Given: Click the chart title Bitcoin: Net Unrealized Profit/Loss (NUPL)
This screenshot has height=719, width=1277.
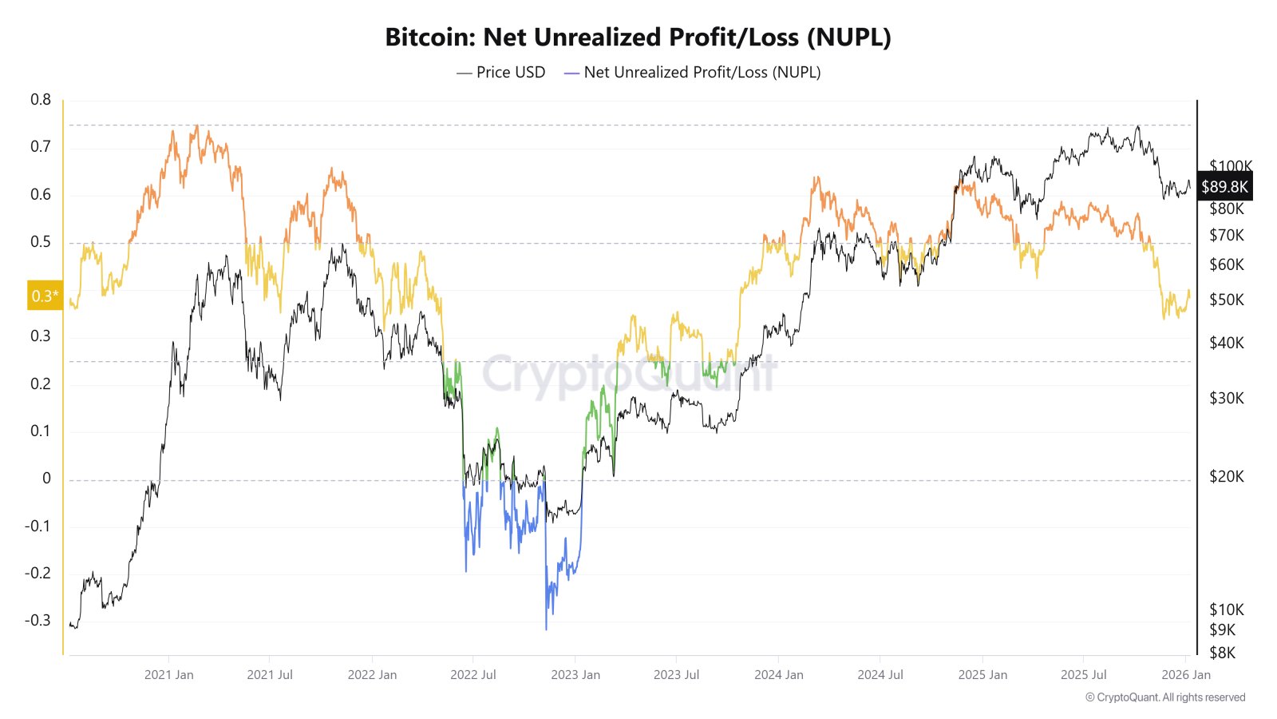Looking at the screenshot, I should click(x=638, y=37).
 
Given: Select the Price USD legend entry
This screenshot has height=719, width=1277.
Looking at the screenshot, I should click(x=501, y=72).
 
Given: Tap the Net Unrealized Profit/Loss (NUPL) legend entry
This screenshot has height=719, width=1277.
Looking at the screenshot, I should click(x=692, y=72).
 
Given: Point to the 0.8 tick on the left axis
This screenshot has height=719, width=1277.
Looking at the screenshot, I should click(x=41, y=100).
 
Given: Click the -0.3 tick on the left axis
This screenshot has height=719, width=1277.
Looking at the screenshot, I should click(x=38, y=620).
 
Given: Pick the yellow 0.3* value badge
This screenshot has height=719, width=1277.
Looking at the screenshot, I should click(x=45, y=296).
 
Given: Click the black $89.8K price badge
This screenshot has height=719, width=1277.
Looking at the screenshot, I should click(x=1224, y=187).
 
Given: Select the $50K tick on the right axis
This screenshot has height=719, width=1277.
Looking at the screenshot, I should click(x=1227, y=300).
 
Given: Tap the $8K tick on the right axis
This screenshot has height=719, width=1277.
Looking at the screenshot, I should click(x=1223, y=653).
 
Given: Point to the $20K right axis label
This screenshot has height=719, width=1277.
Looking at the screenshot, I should click(x=1227, y=476).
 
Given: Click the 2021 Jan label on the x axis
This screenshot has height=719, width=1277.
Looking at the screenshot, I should click(x=168, y=674).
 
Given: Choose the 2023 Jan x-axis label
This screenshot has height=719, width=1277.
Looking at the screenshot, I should click(x=575, y=674).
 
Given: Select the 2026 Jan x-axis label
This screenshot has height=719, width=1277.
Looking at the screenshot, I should click(x=1186, y=674).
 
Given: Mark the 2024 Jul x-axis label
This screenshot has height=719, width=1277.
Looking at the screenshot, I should click(x=880, y=674).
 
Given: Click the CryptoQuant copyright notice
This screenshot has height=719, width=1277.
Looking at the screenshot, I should click(x=1165, y=697).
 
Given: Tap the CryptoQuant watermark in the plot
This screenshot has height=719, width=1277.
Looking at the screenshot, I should click(x=629, y=374).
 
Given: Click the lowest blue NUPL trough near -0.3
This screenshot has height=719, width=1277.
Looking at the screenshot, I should click(x=546, y=629).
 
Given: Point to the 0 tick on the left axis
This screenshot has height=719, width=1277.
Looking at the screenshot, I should click(x=46, y=479).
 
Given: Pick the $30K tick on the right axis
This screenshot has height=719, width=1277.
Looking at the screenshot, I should click(x=1227, y=398).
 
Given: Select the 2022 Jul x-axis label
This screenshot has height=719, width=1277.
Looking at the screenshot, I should click(x=473, y=674).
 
